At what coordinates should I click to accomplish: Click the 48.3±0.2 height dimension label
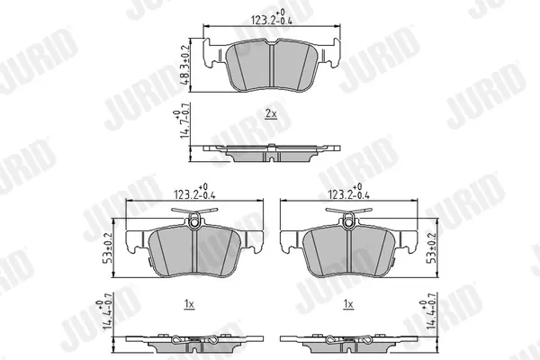coord(184,65)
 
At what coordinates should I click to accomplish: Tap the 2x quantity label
coord(271,113)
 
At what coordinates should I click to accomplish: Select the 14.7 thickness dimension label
coord(182,121)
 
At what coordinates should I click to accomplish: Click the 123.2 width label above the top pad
coord(272,18)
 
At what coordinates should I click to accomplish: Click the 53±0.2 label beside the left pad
coord(108,248)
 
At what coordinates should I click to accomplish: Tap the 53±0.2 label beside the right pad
coord(431,248)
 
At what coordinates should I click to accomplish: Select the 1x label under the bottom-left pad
coord(189,304)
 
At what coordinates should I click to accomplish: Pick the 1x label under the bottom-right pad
coord(348,304)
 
